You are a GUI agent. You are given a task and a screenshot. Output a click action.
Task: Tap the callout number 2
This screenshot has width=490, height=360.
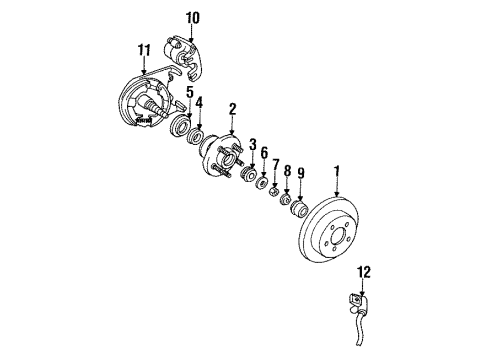(232, 109)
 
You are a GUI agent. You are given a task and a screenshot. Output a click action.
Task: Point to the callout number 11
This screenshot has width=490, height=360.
(144, 50)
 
